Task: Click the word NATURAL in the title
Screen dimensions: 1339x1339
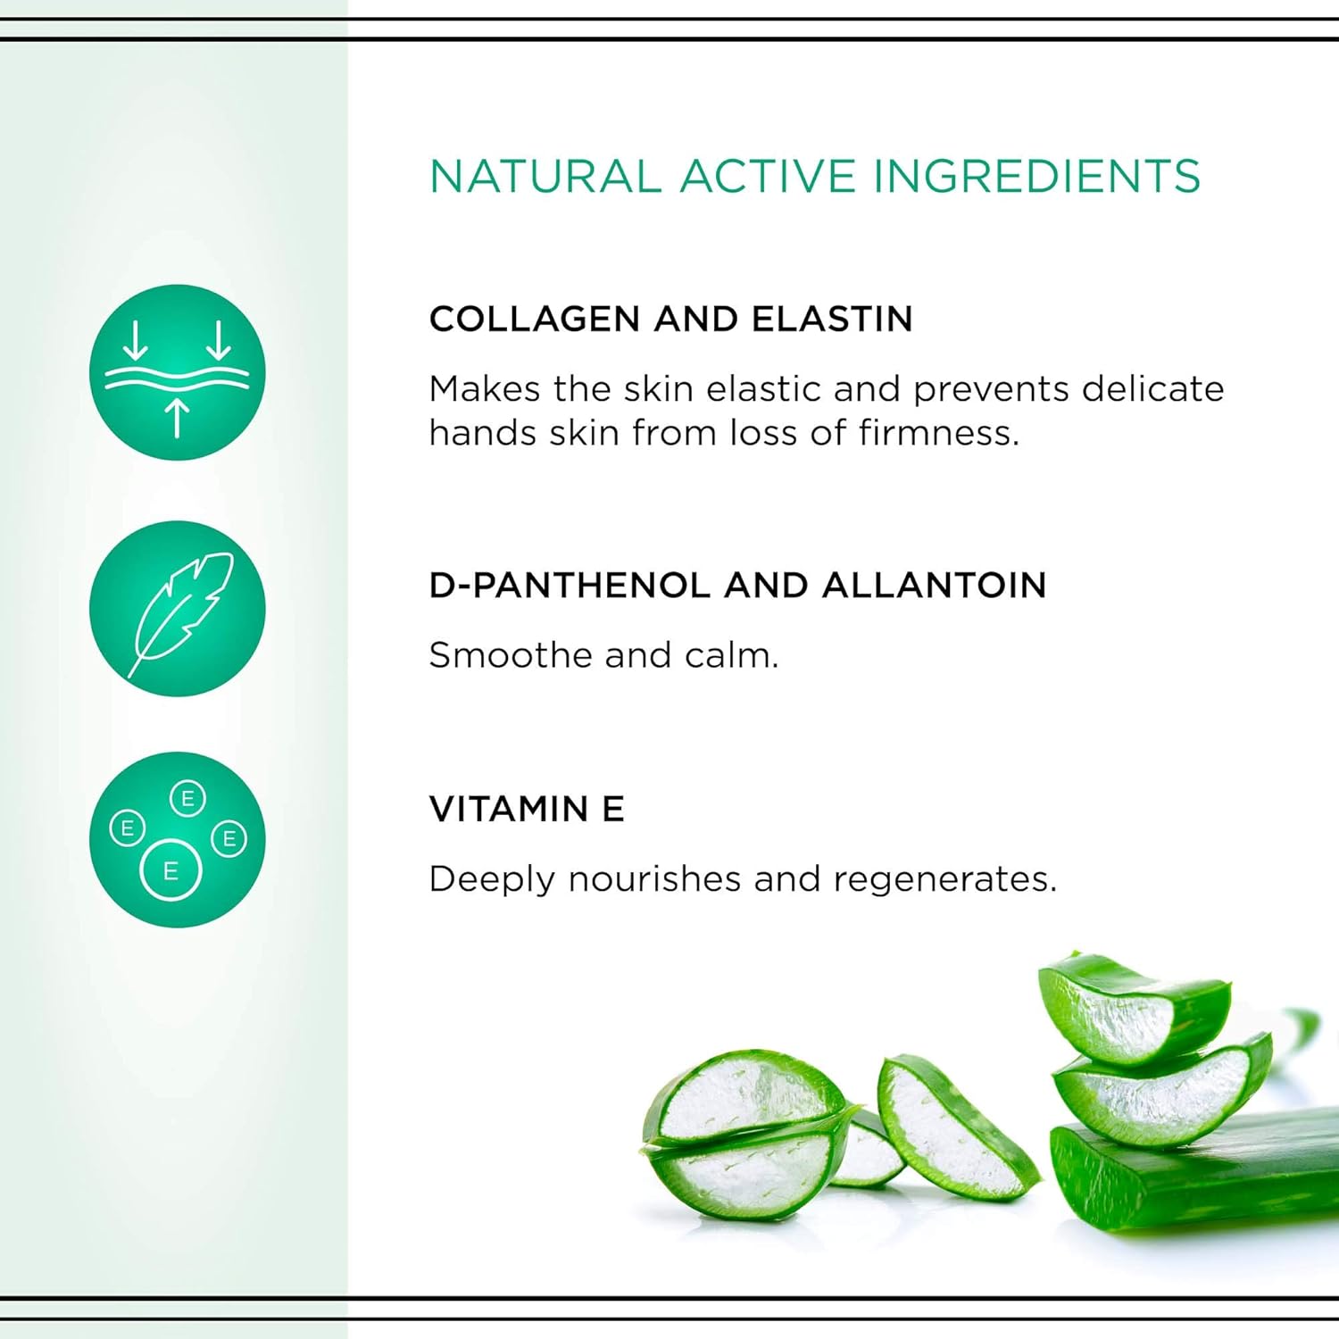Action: coord(545,176)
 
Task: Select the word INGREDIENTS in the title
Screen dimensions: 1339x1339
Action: coord(1036,176)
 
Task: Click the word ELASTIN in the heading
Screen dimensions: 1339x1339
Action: coord(832,319)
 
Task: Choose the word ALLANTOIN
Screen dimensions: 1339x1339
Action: coord(934,586)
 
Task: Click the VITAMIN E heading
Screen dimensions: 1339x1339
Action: coord(527,809)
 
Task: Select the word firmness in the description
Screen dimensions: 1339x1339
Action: coord(938,433)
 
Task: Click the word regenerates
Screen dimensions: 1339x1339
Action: coord(944,880)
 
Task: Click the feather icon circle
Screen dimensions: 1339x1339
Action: coord(178,609)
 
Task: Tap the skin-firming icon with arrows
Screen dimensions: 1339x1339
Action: coord(178,372)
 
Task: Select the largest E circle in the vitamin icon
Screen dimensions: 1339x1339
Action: coord(170,870)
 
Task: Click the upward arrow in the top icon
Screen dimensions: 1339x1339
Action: coord(178,418)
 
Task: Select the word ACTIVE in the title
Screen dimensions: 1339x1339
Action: coord(767,176)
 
